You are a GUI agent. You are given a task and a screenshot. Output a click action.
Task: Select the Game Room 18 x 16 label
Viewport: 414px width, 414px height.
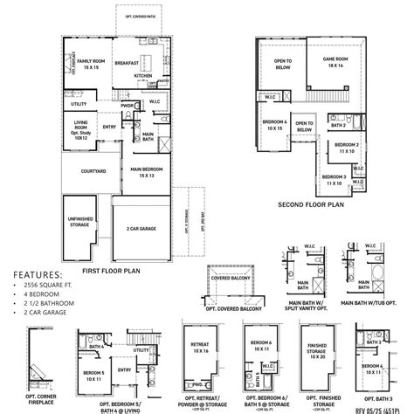(x=335, y=62)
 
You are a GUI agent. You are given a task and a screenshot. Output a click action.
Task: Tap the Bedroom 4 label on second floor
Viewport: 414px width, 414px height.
(x=273, y=125)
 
